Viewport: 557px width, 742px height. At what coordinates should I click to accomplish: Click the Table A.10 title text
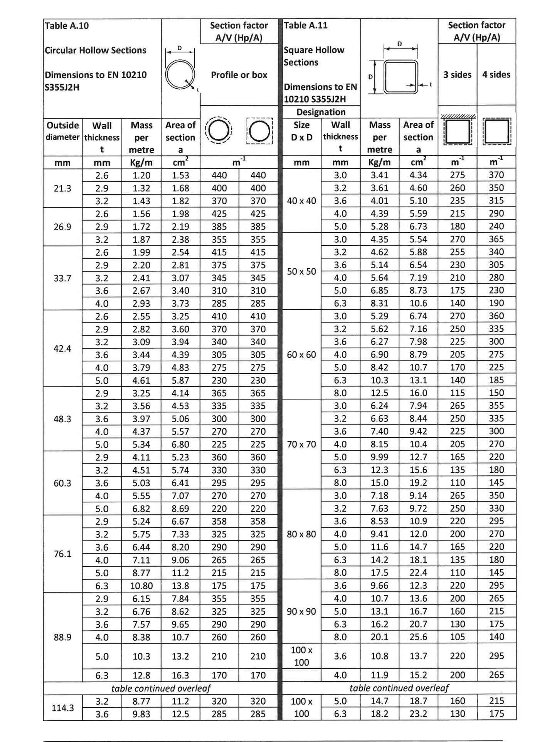67,26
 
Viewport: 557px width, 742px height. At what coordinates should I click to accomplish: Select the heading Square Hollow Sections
314,56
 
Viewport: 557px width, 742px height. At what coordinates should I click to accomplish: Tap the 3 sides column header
457,74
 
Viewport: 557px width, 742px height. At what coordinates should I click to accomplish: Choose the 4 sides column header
496,74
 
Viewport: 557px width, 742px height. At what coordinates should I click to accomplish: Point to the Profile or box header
239,75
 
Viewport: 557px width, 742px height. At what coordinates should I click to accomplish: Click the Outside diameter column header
62,131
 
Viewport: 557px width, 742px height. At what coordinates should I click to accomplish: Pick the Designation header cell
321,112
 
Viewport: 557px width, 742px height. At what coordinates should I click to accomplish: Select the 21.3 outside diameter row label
62,188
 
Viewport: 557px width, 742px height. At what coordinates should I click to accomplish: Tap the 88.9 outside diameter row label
62,637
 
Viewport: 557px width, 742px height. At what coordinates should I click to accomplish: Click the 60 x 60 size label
301,354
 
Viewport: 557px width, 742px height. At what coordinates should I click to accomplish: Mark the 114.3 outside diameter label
62,708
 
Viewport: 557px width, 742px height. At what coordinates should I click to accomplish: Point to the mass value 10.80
141,586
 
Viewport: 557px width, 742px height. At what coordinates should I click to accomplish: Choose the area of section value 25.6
418,637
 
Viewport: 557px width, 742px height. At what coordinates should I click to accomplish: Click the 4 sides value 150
496,393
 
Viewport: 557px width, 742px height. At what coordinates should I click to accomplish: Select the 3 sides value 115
457,393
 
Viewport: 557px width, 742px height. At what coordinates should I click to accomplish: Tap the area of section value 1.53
180,175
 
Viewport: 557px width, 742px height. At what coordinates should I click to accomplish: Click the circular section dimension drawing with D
180,69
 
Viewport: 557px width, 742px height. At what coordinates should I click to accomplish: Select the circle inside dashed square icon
259,131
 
